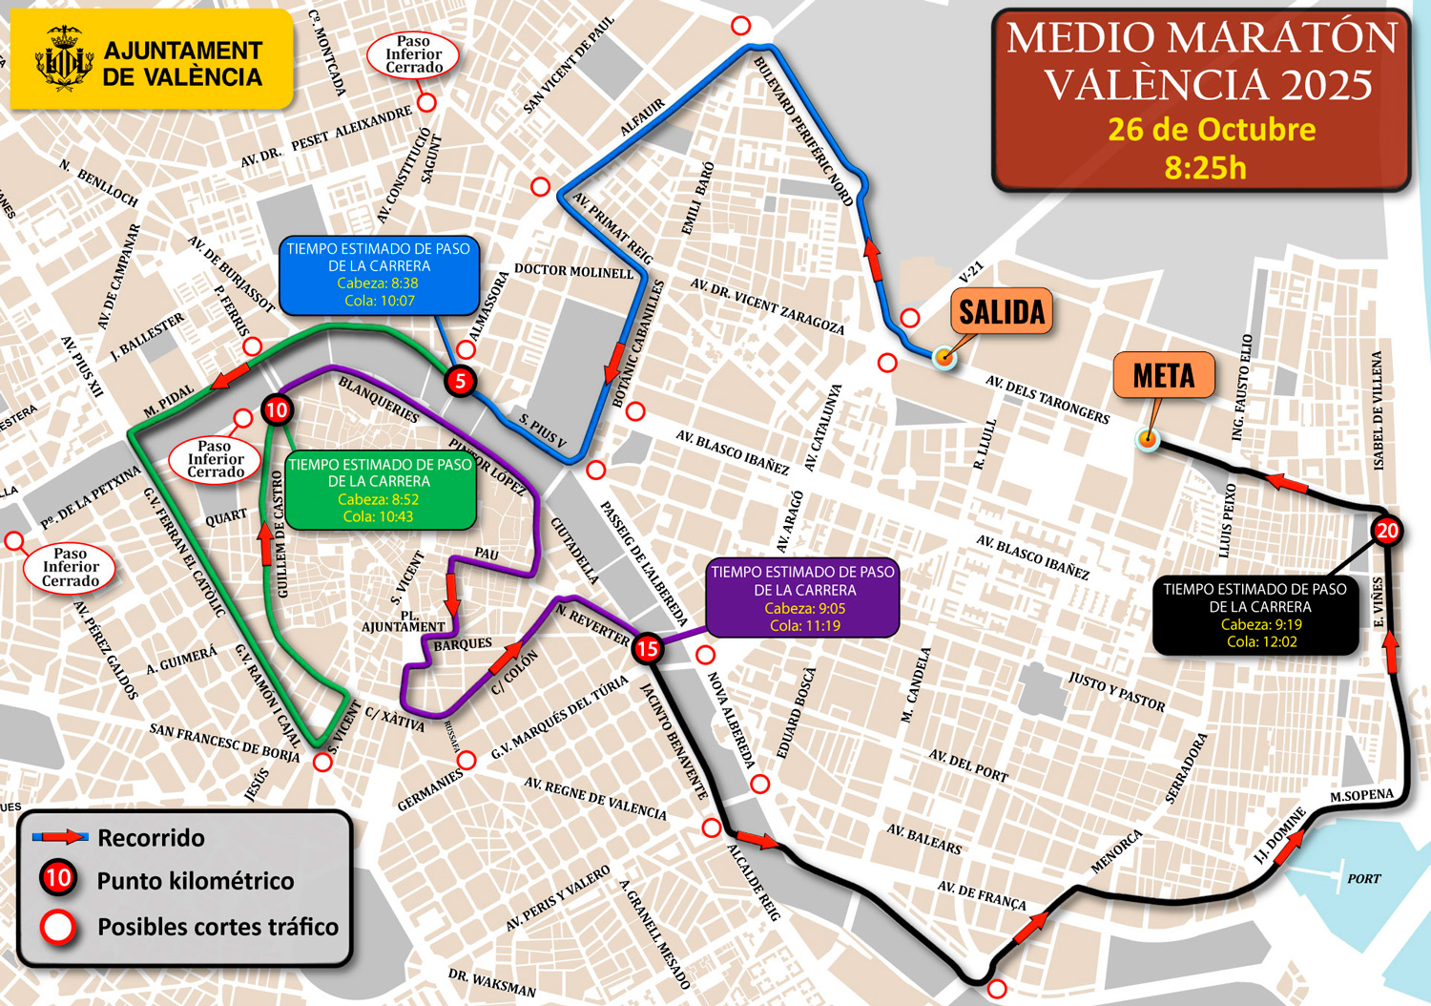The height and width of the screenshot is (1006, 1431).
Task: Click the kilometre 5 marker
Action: pyautogui.click(x=461, y=382)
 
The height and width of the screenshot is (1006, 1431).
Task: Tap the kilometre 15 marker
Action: pyautogui.click(x=648, y=649)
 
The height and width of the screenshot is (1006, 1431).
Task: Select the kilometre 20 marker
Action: pyautogui.click(x=1387, y=531)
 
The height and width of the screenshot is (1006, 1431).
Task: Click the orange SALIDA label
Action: pyautogui.click(x=1002, y=312)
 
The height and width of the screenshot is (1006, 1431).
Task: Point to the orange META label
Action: pyautogui.click(x=1163, y=376)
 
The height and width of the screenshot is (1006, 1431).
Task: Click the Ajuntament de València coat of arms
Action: pyautogui.click(x=63, y=59)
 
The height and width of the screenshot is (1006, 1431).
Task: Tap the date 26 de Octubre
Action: pyautogui.click(x=1212, y=130)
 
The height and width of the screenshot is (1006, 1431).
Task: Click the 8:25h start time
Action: pyautogui.click(x=1205, y=168)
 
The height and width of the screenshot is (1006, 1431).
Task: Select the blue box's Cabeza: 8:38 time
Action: pyautogui.click(x=378, y=283)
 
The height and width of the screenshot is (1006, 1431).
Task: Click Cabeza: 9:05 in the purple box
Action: pyautogui.click(x=804, y=608)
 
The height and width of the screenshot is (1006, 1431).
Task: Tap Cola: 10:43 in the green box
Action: pyautogui.click(x=378, y=516)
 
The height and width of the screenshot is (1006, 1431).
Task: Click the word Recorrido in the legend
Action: pyautogui.click(x=151, y=838)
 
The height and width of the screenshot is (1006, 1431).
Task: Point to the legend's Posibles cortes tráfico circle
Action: pyautogui.click(x=58, y=927)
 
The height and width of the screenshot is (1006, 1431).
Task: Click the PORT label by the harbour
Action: pyautogui.click(x=1363, y=878)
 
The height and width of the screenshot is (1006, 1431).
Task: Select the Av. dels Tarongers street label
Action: pyautogui.click(x=1047, y=400)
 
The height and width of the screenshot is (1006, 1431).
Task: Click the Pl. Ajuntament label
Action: pyautogui.click(x=404, y=621)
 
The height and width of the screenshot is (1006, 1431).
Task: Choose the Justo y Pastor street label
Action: pyautogui.click(x=1116, y=691)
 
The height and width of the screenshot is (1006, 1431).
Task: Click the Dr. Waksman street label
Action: pyautogui.click(x=492, y=983)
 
